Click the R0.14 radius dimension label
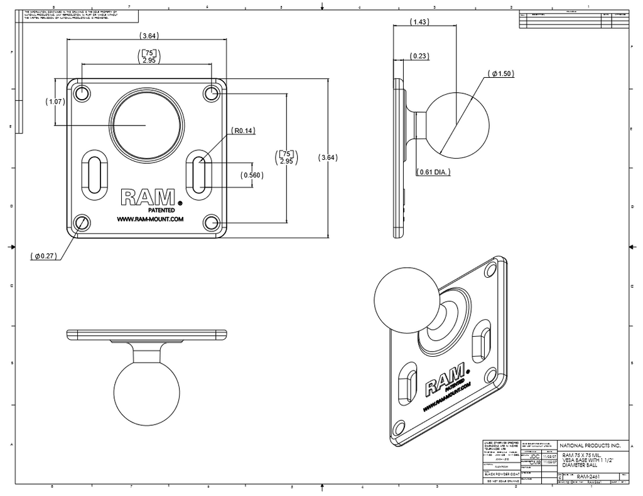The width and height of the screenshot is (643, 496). pos(241,131)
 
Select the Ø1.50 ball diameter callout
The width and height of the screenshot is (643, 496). pos(501,73)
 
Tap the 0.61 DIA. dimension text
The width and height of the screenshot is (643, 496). pos(434,172)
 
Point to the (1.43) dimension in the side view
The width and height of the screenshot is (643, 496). pos(419,22)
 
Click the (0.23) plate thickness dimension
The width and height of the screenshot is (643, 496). pos(419,56)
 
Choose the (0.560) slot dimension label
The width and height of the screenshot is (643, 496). pos(252,176)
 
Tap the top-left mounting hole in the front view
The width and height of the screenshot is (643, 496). pos(82,93)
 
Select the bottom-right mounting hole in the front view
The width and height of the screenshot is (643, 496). pos(212,222)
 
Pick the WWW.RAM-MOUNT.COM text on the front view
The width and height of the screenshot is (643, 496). pos(149,219)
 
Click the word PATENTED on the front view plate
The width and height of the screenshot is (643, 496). pos(161,210)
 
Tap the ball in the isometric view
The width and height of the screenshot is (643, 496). pos(400,297)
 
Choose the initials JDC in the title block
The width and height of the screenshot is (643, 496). pos(534,456)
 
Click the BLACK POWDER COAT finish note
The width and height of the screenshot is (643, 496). pos(502,474)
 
